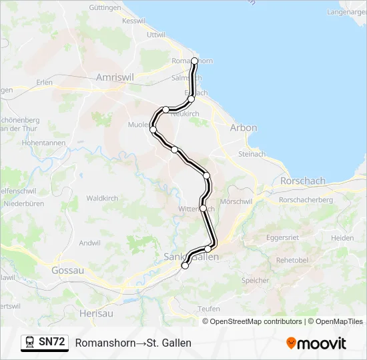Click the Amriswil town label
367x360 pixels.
[115, 77]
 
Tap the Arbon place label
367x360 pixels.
[243, 127]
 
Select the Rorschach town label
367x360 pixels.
[302, 181]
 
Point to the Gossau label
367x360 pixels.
[67, 270]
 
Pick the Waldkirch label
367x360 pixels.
[102, 198]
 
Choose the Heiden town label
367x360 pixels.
[342, 238]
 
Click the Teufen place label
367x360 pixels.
[208, 309]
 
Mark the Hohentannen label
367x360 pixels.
[43, 143]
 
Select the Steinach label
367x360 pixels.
[252, 154]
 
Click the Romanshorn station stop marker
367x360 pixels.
[194, 61]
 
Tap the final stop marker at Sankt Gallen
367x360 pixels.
[185, 265]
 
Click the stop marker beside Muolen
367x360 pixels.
[153, 129]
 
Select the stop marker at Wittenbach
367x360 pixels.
[203, 208]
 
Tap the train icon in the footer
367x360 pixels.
[29, 342]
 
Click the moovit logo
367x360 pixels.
[316, 343]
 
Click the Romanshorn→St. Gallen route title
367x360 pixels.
[133, 343]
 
